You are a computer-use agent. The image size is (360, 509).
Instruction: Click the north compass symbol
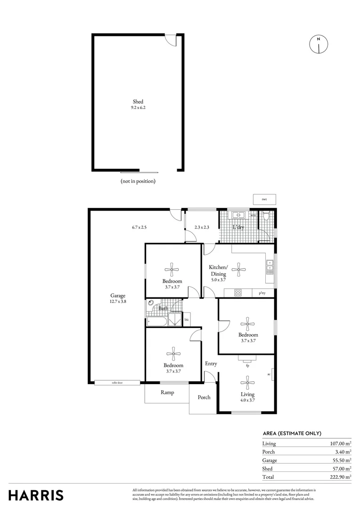click(319, 44)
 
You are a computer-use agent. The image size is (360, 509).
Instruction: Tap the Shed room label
click(138, 101)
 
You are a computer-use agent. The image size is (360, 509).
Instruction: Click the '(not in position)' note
click(138, 181)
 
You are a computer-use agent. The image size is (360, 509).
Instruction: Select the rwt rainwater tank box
click(264, 199)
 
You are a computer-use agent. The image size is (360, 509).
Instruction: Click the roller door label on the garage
click(117, 383)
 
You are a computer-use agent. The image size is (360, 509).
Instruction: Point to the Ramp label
click(167, 393)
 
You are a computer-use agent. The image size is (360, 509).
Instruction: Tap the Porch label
click(204, 397)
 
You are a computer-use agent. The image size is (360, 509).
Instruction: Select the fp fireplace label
click(247, 365)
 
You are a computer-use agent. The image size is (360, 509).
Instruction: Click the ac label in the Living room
click(269, 375)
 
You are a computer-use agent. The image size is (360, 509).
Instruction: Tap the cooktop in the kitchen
click(238, 293)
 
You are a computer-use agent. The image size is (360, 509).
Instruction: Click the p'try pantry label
click(262, 293)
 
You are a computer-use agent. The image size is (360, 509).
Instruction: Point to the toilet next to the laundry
click(266, 217)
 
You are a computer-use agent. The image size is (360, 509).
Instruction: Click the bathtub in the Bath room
click(156, 322)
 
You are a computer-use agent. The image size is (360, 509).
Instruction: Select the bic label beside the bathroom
click(187, 320)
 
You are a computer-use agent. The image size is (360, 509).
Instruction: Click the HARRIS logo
click(36, 495)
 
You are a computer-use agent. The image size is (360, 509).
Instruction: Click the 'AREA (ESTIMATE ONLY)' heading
click(292, 434)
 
